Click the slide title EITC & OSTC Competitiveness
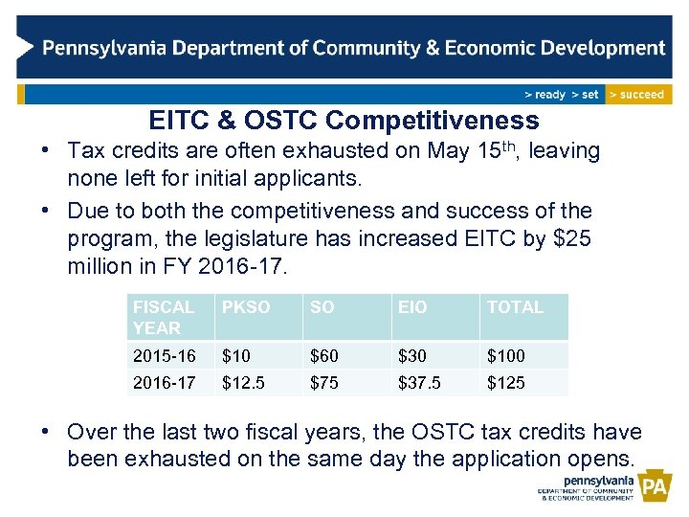(344, 121)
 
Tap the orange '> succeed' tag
(638, 94)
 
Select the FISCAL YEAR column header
(164, 317)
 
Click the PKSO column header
(246, 307)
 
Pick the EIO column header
(414, 307)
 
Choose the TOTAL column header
(515, 307)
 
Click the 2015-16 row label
(164, 356)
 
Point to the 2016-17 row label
(164, 383)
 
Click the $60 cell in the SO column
(323, 356)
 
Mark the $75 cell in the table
(323, 383)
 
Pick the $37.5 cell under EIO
(419, 383)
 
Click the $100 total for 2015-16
(506, 356)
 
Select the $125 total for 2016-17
(506, 383)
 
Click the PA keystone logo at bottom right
(656, 488)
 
